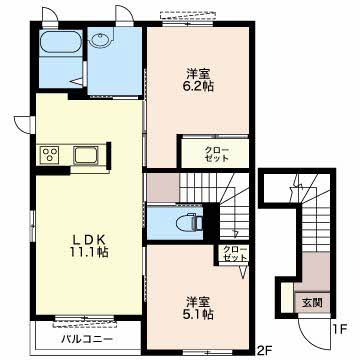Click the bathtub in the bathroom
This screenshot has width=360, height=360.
tap(61, 42)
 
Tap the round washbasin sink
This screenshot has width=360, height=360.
tap(100, 41)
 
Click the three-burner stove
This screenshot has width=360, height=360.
tap(50, 155)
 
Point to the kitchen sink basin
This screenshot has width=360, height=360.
tap(86, 155)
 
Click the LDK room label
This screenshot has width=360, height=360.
tap(89, 239)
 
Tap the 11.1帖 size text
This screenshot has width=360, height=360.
tap(89, 252)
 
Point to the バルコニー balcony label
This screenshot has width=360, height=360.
tap(87, 340)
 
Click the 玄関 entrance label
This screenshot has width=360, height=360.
tap(312, 303)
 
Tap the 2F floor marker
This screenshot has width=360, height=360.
tap(265, 351)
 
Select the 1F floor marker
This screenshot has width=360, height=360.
tap(340, 330)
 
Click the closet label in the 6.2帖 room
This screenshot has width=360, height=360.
tap(216, 153)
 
